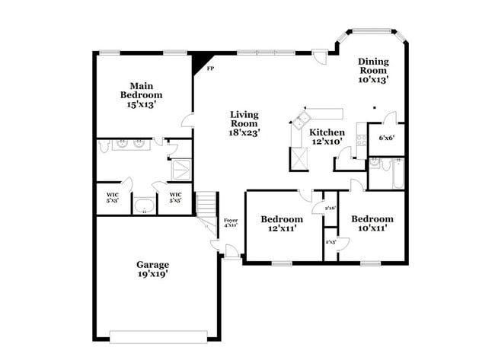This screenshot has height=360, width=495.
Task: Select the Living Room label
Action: pos(245,123)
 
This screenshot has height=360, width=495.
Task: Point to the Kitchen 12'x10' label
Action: pos(327,137)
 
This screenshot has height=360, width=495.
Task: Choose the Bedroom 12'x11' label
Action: pos(283,223)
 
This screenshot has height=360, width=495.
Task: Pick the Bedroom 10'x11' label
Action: pos(372,223)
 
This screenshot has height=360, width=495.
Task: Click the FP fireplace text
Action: pos(210,68)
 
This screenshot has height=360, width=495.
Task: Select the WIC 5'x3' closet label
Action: pos(112,197)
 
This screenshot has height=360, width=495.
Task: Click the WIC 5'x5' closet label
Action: pos(174,197)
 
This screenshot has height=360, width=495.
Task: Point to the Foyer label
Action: pos(230,223)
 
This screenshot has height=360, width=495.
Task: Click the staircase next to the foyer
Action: pos(207,204)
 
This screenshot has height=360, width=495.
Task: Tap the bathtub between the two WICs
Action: pos(144,205)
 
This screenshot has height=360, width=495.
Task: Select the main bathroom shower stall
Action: pos(182,169)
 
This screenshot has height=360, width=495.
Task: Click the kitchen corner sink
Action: pos(302,119)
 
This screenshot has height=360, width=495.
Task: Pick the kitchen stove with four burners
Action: pos(361,141)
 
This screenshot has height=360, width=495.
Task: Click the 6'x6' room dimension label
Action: pos(386,139)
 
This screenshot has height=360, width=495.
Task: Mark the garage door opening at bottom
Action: pos(158,336)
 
